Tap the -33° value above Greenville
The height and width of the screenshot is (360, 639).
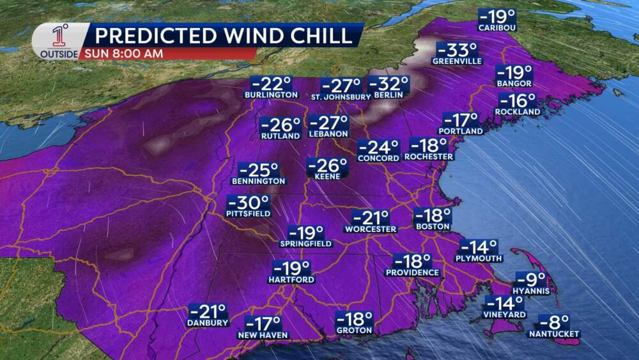[x=456, y=50]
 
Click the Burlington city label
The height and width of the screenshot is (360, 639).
[x=271, y=95]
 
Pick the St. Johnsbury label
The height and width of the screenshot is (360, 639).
[x=341, y=97]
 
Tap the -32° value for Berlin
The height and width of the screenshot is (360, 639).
[x=389, y=84]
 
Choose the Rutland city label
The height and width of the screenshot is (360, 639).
[x=281, y=136]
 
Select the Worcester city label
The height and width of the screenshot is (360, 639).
[x=370, y=229]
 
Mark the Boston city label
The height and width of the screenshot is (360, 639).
[x=433, y=227]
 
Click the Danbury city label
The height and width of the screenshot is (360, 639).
[x=208, y=324]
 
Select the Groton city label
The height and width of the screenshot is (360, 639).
[x=354, y=331]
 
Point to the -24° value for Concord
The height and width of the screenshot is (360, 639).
[x=378, y=148]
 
